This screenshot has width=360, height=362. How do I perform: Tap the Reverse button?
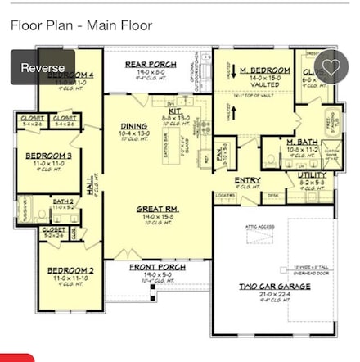tap(43, 67)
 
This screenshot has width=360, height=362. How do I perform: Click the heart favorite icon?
tap(331, 67)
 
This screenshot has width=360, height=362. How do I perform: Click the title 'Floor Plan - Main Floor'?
tap(81, 25)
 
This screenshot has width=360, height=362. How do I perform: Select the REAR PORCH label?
tap(151, 64)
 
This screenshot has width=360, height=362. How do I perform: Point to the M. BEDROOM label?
tap(265, 71)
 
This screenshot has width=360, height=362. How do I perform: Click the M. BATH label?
tap(302, 142)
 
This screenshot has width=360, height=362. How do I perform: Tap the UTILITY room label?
tap(313, 174)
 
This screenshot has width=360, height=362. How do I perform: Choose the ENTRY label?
tap(247, 180)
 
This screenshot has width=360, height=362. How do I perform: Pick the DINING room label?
tap(134, 126)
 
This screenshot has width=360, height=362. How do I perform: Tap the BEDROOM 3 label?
tap(48, 155)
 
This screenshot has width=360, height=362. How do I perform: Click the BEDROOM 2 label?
tap(70, 269)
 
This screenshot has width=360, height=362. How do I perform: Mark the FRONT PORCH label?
tap(158, 267)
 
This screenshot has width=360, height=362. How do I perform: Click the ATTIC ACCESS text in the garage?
tap(260, 226)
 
